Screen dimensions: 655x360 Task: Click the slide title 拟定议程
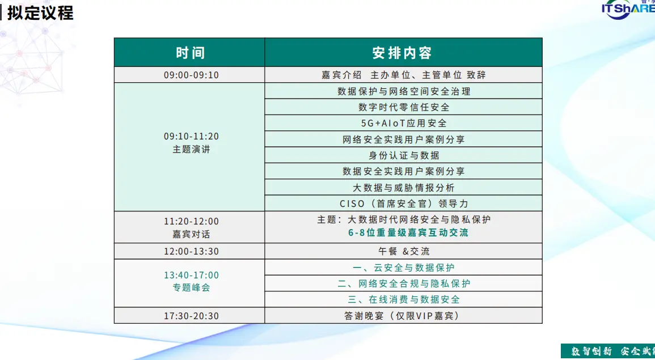pos(40,13)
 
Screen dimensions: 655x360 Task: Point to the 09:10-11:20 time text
pos(191,137)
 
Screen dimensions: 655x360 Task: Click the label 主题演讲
pos(191,150)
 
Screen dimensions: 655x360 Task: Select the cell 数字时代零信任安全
pos(404,107)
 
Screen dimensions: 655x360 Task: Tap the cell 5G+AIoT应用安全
pos(404,123)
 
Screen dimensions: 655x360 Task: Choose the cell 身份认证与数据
pos(404,155)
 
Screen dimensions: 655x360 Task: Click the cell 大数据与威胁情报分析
pos(404,188)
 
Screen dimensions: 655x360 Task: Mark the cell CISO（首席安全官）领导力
pos(404,204)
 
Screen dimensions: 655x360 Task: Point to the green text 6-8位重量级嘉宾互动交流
pos(408,233)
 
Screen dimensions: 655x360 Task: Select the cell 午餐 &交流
pos(404,251)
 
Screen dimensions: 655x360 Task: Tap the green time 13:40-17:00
pos(191,275)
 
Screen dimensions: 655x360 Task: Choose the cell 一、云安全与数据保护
pos(404,268)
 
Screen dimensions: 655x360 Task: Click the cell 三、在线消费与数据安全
pos(404,299)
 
